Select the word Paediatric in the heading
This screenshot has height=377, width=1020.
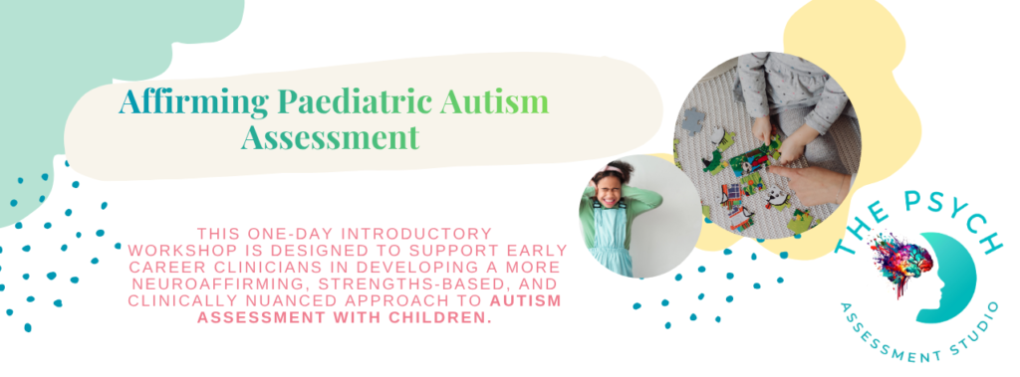click(356, 101)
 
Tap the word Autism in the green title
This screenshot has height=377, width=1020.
click(494, 101)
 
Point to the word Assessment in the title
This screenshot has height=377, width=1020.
click(330, 137)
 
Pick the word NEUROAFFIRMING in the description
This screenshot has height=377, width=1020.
click(201, 284)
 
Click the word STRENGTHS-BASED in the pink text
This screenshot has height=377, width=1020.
click(359, 284)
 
